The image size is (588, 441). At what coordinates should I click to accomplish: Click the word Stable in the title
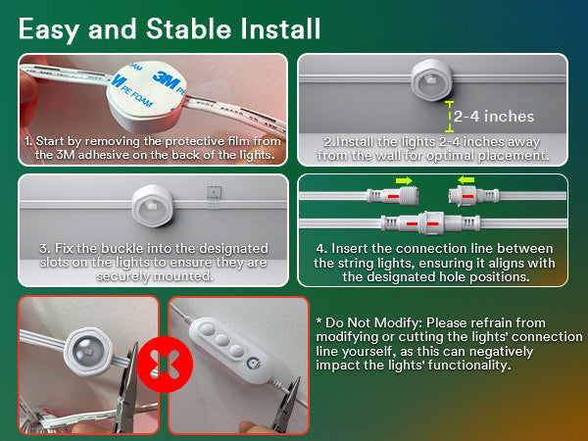189,28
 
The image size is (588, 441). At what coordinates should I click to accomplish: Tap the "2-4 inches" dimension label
494,117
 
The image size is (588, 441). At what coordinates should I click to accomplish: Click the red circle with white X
165,365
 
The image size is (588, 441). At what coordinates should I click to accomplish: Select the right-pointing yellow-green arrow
404,181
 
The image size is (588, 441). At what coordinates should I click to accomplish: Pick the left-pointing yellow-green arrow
466,180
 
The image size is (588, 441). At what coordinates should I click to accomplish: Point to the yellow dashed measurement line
449,117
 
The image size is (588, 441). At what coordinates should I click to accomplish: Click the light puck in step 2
431,80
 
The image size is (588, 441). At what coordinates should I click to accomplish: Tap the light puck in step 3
153,206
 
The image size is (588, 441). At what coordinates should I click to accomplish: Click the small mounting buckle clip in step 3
214,197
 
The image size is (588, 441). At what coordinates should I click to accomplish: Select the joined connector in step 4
430,223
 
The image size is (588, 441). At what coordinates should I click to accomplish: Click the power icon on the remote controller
253,364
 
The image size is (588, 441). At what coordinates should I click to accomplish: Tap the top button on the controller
206,329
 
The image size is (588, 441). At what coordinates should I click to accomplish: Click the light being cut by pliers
88,352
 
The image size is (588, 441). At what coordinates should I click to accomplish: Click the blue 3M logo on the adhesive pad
165,80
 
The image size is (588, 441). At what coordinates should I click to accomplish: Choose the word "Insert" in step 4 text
349,249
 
